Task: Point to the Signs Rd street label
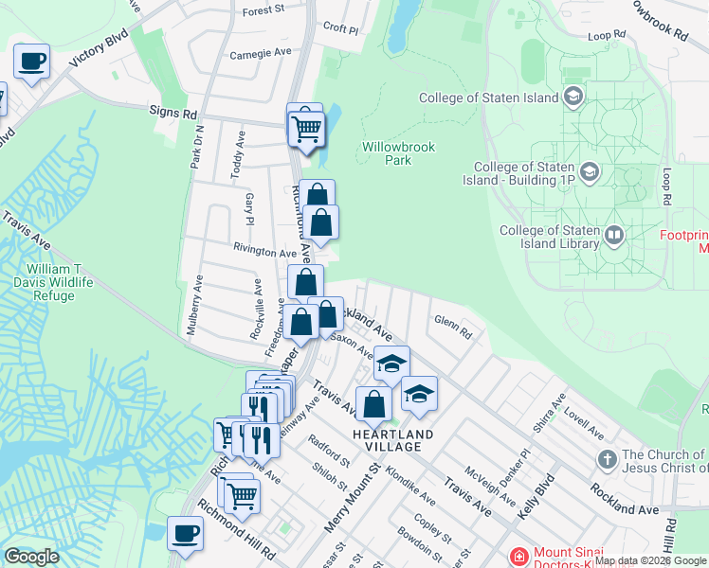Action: (173, 112)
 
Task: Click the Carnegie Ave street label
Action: (261, 54)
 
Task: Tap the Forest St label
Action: (264, 10)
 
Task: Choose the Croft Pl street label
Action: (341, 28)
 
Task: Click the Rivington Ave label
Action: (266, 253)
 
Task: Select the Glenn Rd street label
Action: (453, 332)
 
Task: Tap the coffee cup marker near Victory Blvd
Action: (32, 62)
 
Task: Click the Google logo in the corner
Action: (32, 557)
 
